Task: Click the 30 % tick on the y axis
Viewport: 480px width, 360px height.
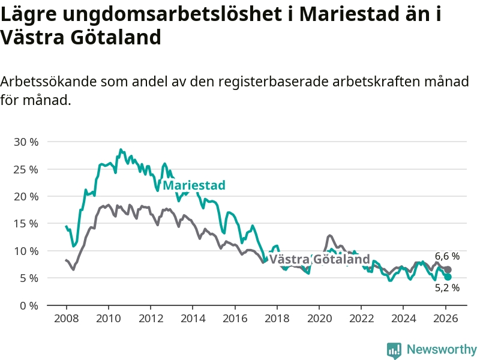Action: click(26, 142)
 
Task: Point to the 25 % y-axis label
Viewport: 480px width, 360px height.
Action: click(26, 169)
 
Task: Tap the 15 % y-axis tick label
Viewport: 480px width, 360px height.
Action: click(26, 224)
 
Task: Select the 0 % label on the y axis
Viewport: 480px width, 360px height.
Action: click(29, 305)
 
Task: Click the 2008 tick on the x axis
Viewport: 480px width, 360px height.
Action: click(66, 318)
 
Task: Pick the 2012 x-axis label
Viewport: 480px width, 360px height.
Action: click(151, 318)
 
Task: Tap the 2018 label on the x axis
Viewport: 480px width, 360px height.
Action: click(277, 318)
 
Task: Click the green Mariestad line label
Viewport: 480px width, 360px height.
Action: click(194, 185)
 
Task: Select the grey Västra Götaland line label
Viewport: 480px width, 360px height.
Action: click(319, 259)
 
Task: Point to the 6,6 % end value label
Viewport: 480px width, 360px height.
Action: click(447, 256)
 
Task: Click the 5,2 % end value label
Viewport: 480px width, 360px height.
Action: click(447, 287)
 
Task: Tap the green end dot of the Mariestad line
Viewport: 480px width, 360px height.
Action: click(448, 277)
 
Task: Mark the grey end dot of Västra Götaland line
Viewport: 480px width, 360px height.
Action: click(448, 269)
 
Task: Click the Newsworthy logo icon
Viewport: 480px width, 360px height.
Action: click(394, 350)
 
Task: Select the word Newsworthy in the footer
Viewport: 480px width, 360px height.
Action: click(442, 349)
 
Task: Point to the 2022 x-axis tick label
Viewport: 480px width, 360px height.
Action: click(361, 318)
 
